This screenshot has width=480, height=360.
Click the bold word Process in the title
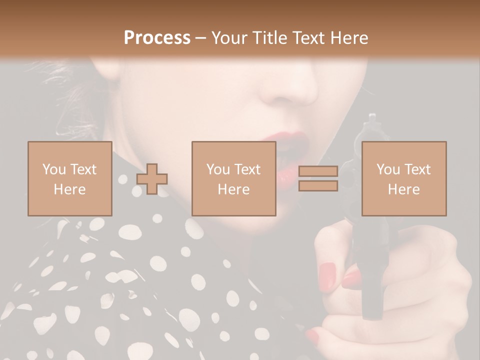coord(157,38)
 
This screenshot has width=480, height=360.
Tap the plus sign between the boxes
coord(152,179)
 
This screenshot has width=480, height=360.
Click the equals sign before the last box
coord(318,179)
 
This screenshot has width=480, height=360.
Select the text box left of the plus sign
coord(69,179)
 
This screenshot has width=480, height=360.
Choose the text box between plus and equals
coord(233,179)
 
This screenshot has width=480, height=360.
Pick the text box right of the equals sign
coord(403,179)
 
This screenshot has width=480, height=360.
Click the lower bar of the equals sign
coord(318,186)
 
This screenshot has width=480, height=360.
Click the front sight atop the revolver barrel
coord(371,119)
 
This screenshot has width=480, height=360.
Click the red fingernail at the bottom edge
coord(313,336)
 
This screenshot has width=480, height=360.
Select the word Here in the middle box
coord(233,189)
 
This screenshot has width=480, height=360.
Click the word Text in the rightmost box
coord(417,169)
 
